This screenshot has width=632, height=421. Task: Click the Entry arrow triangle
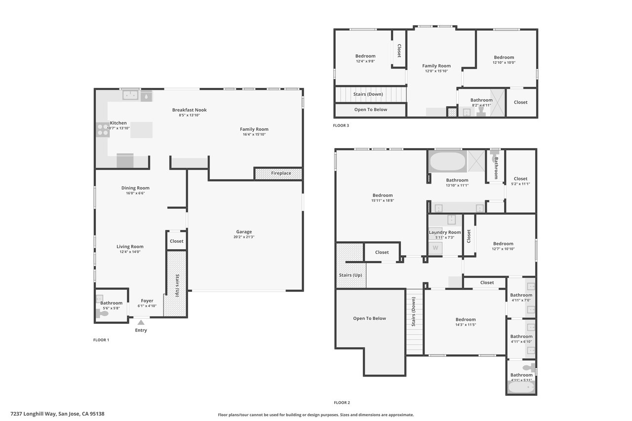tap(141, 322)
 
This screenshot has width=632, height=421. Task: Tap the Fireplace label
tap(281, 173)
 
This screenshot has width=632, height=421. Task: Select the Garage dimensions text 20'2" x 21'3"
tap(244, 237)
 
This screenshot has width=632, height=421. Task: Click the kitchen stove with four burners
tap(103, 130)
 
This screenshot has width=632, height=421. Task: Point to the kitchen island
tap(141, 130)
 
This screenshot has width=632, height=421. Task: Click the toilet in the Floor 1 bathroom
tap(102, 313)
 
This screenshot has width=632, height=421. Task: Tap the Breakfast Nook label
tap(189, 110)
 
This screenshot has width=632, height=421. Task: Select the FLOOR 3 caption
tap(341, 125)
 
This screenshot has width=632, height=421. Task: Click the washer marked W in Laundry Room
tap(435, 248)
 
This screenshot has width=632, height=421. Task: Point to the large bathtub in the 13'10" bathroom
tap(448, 161)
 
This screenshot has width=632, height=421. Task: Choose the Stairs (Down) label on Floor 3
tap(368, 94)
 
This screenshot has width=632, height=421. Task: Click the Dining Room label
tap(135, 188)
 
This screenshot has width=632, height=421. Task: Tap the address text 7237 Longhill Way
tap(34, 414)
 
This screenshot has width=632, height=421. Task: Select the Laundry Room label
tap(445, 232)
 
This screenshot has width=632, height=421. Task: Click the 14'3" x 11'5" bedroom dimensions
tap(466, 325)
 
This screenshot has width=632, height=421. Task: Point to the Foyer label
tap(147, 301)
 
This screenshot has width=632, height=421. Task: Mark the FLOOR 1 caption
tap(101, 340)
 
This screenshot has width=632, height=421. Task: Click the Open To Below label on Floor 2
tap(369, 318)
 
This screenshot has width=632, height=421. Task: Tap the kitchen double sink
tap(130, 95)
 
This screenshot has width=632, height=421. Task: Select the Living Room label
tap(130, 247)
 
